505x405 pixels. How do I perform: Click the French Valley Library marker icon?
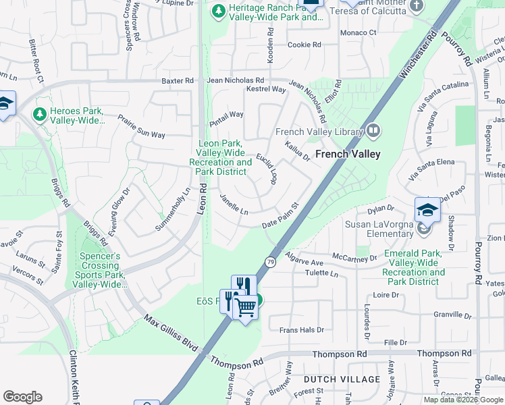click(x=373, y=131)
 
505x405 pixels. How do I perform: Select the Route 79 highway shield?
click(x=269, y=262)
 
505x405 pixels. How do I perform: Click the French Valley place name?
click(x=347, y=154)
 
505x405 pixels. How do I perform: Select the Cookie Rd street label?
click(x=304, y=45)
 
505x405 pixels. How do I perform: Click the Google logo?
click(x=22, y=397)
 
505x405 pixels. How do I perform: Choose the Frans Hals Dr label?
click(x=302, y=330)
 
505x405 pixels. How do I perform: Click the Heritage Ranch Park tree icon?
click(x=218, y=11)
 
